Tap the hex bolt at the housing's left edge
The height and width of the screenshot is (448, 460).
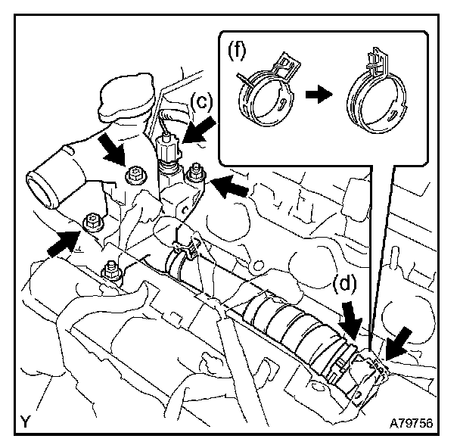[x=93, y=222]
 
